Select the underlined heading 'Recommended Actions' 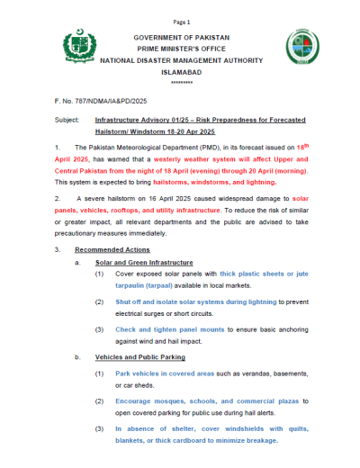tap(112, 248)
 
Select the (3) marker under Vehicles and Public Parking tap(99, 429)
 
